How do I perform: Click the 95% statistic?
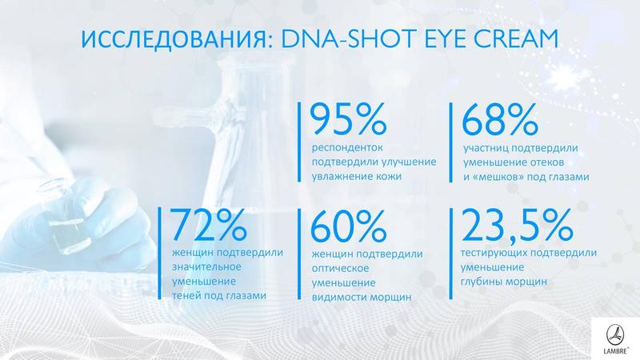(x=348, y=118)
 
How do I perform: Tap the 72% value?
(x=209, y=225)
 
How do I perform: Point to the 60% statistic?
(x=348, y=226)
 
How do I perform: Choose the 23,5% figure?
(x=517, y=226)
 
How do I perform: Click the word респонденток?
(x=347, y=148)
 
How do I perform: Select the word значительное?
(x=206, y=266)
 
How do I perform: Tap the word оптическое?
(x=341, y=269)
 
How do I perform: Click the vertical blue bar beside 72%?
(x=159, y=253)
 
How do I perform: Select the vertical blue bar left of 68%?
(x=451, y=142)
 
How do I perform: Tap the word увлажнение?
(x=342, y=177)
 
